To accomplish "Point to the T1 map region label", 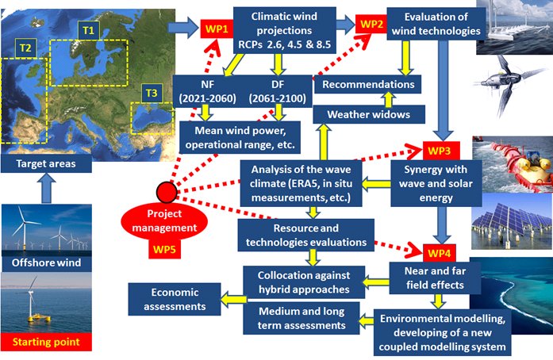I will pos(86,29).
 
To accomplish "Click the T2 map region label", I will pos(27,48).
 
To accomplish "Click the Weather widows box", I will pos(363,115).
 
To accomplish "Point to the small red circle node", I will pos(166,193).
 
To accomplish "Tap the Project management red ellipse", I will pos(167,222).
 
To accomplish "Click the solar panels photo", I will pos(511,219).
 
